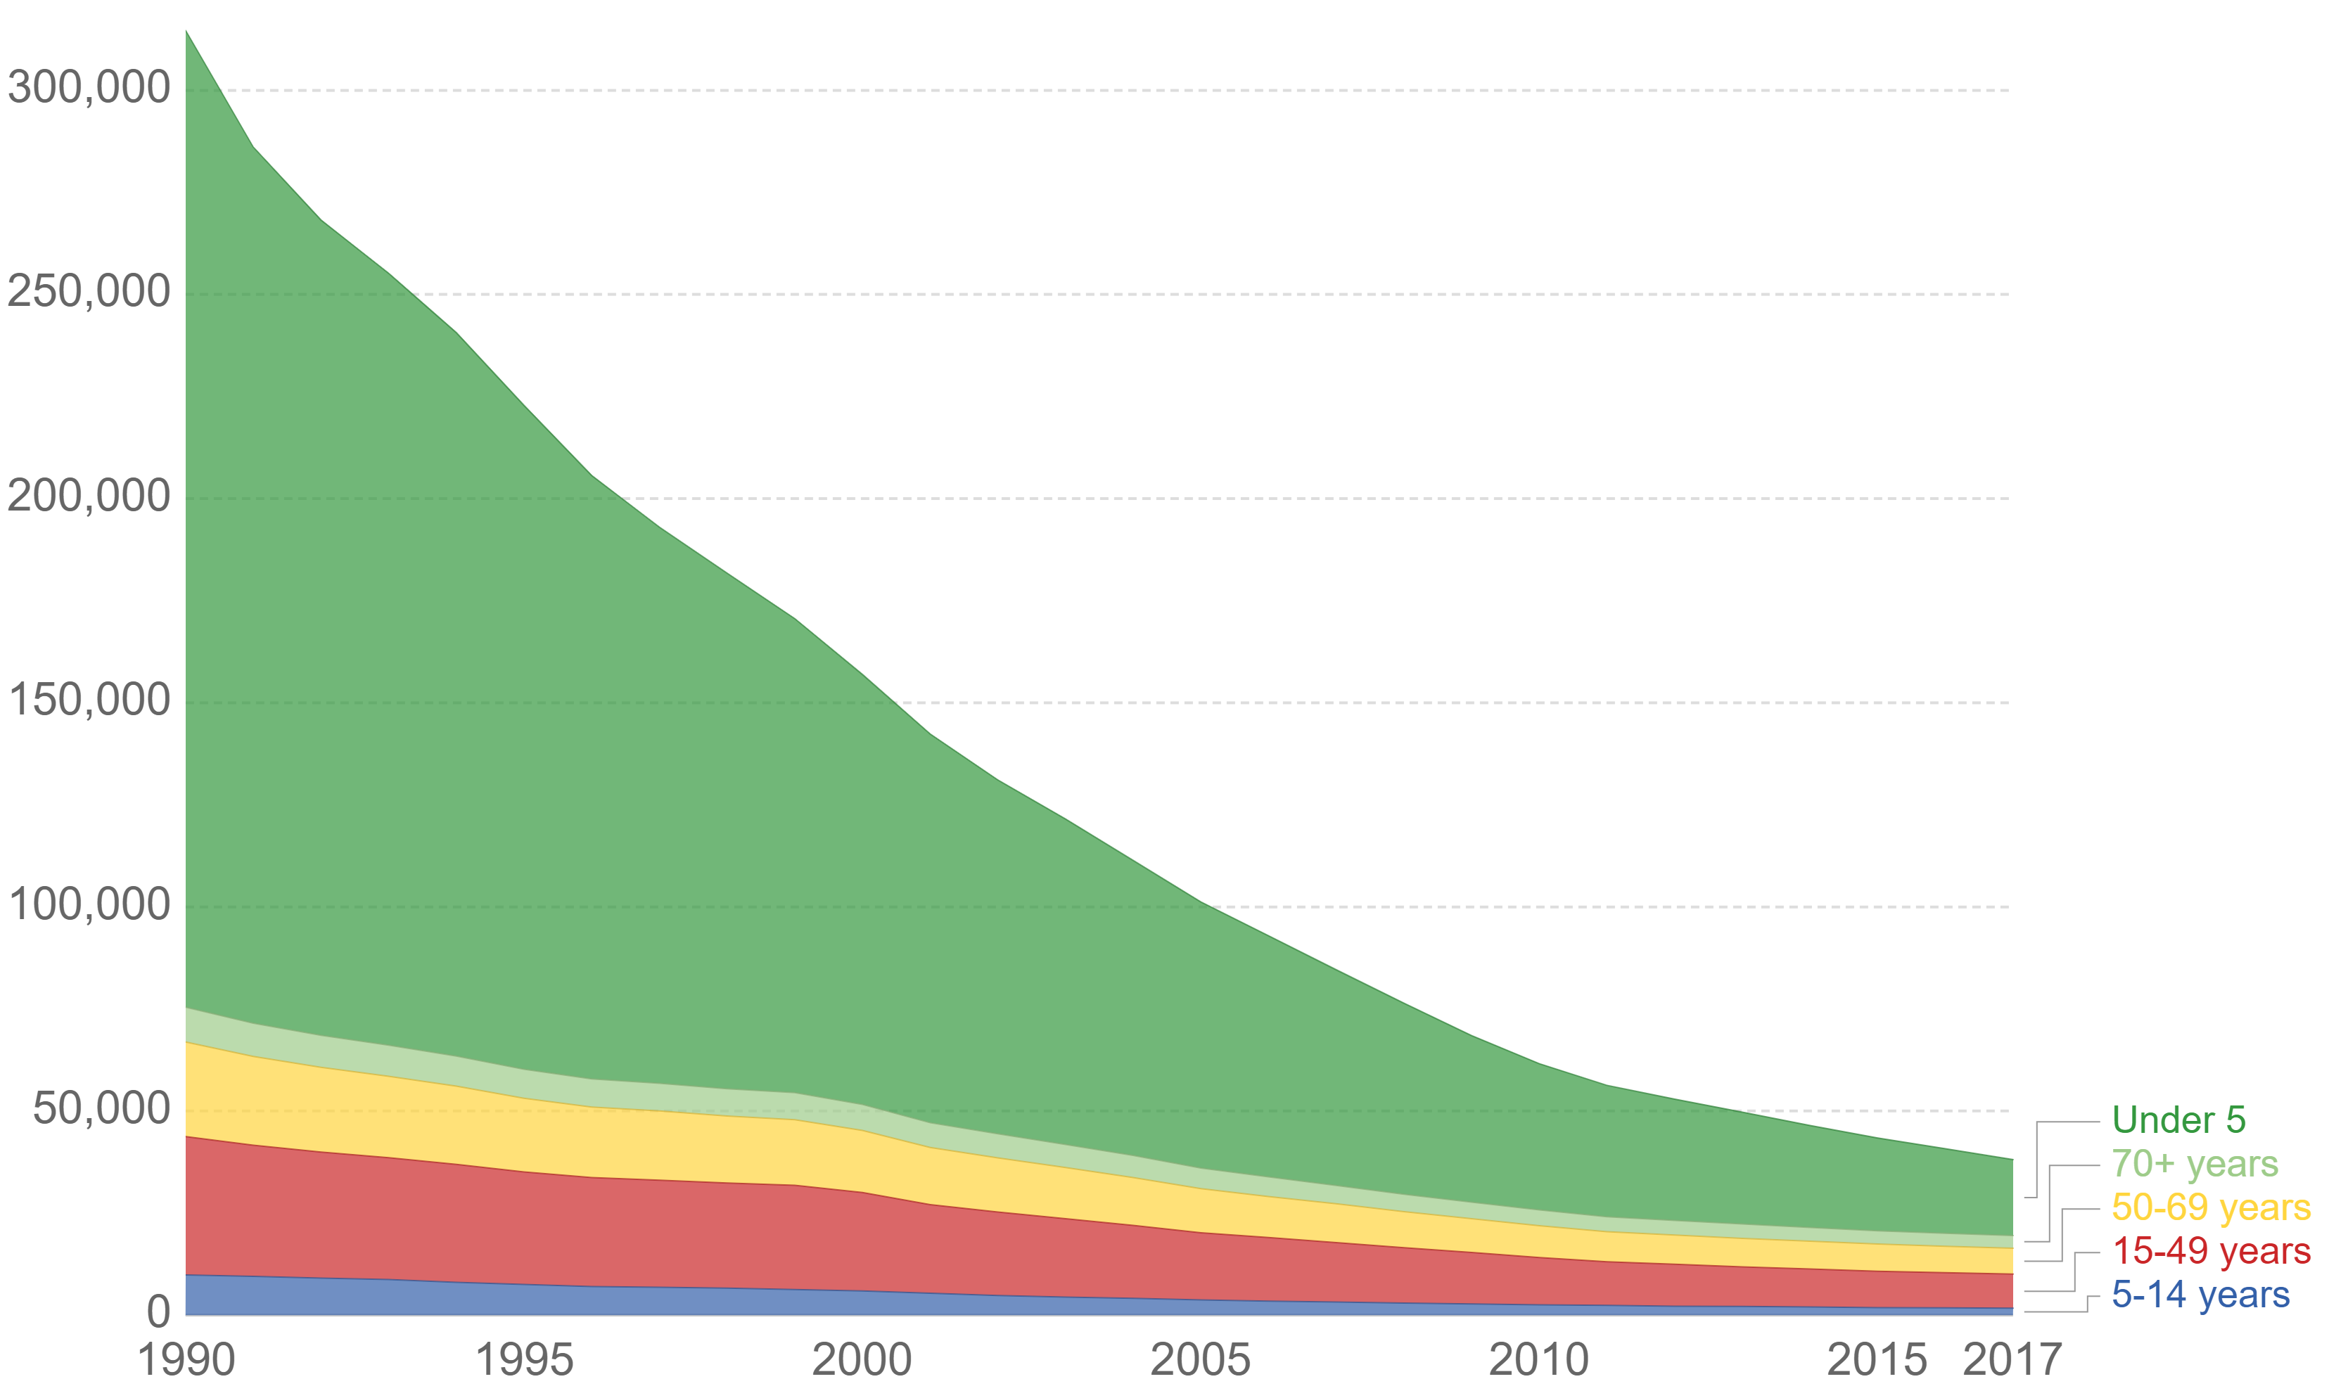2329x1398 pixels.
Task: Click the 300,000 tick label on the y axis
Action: [x=89, y=89]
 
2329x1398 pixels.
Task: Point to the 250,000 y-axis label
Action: [x=89, y=292]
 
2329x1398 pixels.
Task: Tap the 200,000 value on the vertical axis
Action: [x=89, y=496]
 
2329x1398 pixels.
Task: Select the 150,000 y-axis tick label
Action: [x=89, y=700]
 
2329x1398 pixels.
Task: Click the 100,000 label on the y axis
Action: [x=89, y=904]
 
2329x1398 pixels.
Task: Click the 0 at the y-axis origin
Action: [x=158, y=1312]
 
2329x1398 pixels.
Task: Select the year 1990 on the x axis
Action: [x=186, y=1360]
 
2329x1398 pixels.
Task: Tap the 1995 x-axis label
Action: [x=524, y=1360]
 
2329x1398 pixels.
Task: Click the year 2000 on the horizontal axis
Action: [x=862, y=1360]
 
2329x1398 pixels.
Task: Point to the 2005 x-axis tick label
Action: [x=1200, y=1360]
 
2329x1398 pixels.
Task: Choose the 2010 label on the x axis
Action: [x=1538, y=1360]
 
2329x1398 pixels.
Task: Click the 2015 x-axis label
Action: [x=1877, y=1360]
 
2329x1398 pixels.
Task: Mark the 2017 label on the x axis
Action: [x=2012, y=1360]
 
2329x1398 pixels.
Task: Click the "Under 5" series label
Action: [x=2178, y=1120]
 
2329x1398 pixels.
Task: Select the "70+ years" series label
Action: [x=2194, y=1165]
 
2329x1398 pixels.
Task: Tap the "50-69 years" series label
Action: [x=2210, y=1207]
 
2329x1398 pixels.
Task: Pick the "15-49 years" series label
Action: [x=2210, y=1251]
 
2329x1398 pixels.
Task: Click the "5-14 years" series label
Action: [x=2200, y=1295]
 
